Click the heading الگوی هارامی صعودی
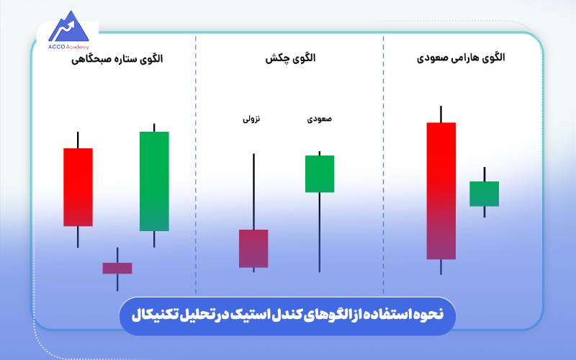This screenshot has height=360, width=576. coord(461,58)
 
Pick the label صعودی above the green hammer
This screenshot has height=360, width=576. coord(319,120)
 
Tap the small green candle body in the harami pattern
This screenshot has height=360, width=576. coord(484,194)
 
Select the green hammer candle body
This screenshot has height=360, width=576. coord(319,174)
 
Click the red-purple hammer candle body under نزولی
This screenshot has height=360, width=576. coord(253,248)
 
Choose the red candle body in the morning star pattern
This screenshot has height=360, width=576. coord(78,187)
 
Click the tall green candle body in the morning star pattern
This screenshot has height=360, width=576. coord(154,181)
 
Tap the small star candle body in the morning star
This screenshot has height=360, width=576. coord(117,268)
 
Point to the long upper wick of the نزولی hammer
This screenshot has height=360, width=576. coord(253,191)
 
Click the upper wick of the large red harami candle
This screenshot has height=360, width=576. coord(441,114)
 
